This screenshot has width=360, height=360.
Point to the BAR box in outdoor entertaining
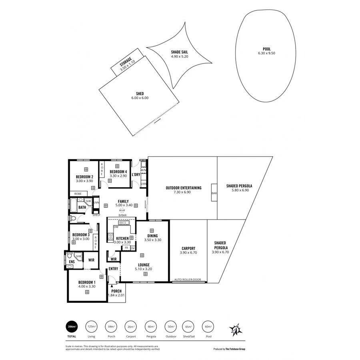coord(214,193)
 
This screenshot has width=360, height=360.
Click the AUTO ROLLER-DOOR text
coord(188,280)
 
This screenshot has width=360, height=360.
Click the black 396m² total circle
coord(72,327)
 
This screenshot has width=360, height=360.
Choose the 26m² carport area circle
coord(131,327)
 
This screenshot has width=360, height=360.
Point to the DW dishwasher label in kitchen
coord(116,227)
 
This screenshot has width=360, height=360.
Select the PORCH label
coord(116,291)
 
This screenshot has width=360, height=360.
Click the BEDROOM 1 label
coord(86,282)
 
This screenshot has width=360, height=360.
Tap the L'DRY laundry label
coord(136,174)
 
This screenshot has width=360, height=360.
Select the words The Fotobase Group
coord(235,349)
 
